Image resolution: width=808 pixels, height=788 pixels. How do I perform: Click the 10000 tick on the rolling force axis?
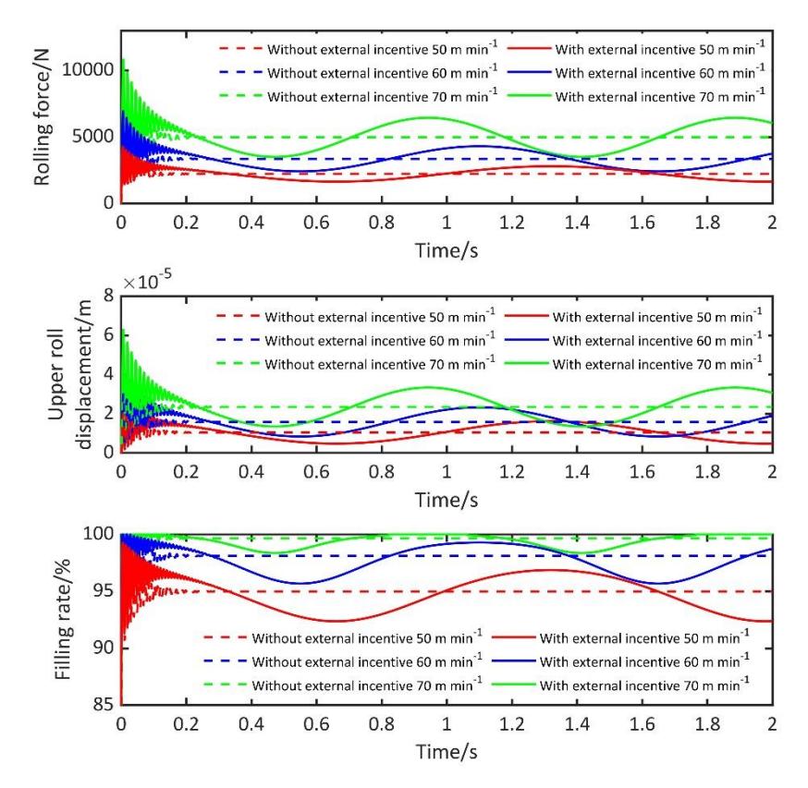88,69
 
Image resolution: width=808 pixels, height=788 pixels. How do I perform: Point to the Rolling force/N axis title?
42,117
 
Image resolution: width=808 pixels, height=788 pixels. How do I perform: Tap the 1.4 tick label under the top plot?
577,223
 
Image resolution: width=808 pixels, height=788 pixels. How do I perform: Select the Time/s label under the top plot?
447,251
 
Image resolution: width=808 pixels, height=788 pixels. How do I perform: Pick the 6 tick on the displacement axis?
109,334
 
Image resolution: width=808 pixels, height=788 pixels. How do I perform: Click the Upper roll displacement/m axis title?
69,374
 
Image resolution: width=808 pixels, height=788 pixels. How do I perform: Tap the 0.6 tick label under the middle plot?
316,472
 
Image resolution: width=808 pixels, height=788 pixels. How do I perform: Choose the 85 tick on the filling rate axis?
104,704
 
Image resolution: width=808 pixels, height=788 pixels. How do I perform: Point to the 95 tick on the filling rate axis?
104,590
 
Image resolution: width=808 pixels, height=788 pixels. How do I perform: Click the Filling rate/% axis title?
62,619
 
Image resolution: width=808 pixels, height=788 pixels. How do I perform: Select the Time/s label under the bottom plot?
447,752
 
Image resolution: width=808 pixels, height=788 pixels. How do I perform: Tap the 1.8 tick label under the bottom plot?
707,724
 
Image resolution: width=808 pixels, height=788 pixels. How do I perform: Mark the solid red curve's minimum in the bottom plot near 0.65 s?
333,621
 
